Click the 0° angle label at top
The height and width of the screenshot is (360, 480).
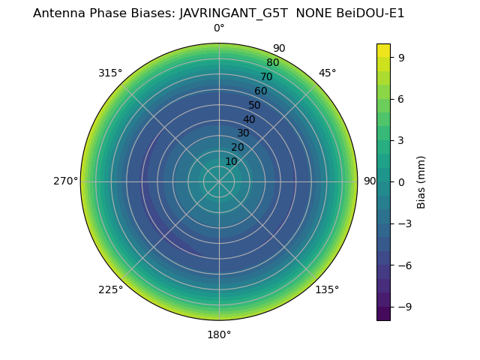pos(219,28)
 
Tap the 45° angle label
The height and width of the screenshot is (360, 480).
pos(328,73)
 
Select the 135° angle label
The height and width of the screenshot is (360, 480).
pos(327,290)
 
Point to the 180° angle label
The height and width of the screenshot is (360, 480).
pos(219,334)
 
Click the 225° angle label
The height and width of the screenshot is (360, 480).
pos(110,290)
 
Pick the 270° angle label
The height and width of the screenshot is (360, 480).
pos(65,181)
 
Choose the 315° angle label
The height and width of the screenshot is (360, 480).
pos(110,73)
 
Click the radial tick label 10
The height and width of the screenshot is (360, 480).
pos(231,161)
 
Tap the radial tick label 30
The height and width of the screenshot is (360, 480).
pos(243,133)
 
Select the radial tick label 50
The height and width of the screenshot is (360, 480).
pos(255,105)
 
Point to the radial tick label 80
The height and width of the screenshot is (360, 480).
pos(272,62)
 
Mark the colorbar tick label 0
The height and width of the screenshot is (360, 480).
pos(400,181)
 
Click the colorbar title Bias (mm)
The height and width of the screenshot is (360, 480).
pos(421,181)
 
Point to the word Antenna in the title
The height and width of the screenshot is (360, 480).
pos(58,13)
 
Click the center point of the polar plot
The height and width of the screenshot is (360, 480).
pos(219,181)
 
